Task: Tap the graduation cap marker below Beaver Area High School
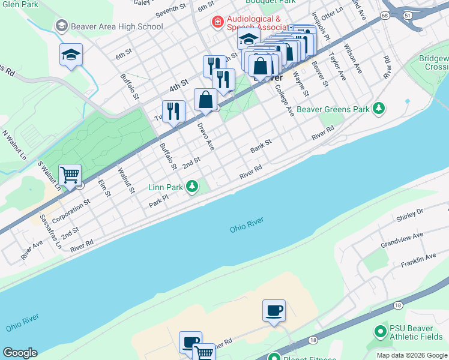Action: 71,55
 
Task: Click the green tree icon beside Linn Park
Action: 191,187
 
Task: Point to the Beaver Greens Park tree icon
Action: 379,109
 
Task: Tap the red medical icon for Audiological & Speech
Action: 217,22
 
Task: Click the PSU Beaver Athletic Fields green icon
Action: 379,331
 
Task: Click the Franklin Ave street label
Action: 419,260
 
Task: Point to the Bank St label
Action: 261,146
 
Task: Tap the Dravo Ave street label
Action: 206,136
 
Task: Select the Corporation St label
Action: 70,211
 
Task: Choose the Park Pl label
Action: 158,203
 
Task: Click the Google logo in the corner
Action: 19,353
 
